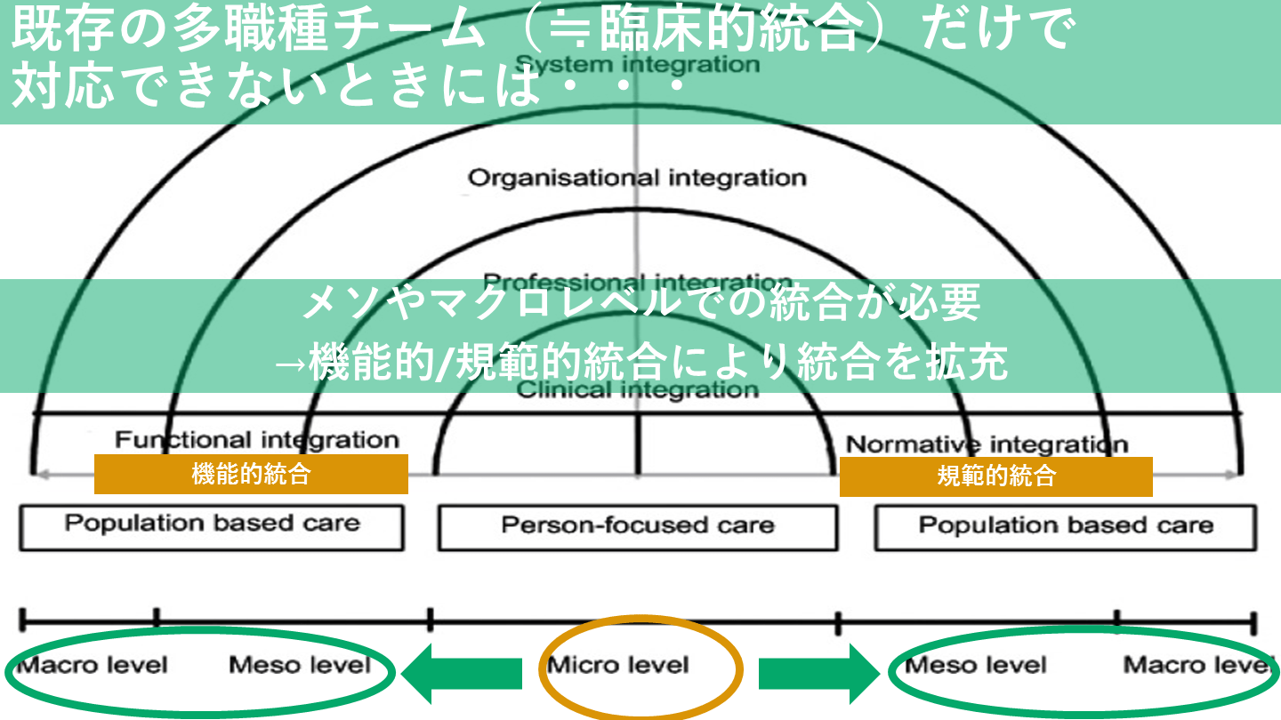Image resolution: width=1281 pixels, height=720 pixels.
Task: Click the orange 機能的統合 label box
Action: click(251, 474)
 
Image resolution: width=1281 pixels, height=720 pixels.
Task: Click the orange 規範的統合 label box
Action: click(995, 476)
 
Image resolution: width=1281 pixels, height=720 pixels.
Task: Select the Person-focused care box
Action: click(637, 525)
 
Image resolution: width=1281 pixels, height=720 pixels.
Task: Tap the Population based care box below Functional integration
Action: click(212, 524)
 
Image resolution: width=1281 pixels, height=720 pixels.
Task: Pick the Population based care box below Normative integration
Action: click(1066, 525)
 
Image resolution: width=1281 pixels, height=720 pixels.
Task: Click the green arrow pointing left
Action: click(461, 673)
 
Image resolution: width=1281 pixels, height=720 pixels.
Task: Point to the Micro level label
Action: click(618, 665)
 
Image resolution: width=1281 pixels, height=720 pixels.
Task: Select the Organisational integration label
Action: click(637, 178)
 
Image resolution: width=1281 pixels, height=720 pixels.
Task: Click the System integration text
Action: click(638, 64)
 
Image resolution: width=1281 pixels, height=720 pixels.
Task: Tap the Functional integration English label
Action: click(257, 439)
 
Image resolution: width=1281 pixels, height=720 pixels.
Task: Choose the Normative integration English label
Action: click(987, 444)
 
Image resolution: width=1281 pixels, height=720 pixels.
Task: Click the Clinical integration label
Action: click(638, 389)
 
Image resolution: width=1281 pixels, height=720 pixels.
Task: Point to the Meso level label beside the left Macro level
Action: click(300, 664)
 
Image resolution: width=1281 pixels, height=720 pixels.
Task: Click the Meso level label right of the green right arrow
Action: click(975, 666)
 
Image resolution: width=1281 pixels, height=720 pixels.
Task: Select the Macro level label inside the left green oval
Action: click(92, 664)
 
